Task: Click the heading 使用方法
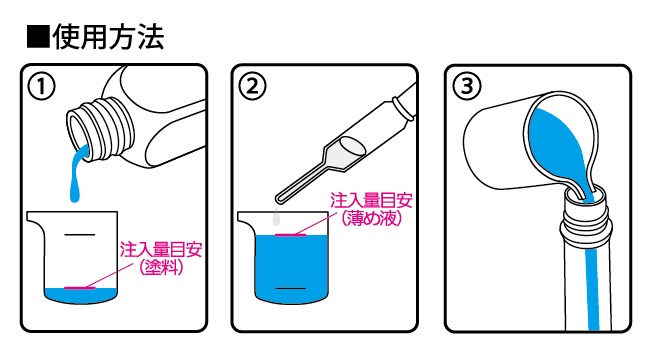pos(108,37)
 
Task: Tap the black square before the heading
pos(38,37)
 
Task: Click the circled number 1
pos(42,86)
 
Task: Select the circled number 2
pos(253,86)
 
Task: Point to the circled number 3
pos(467,86)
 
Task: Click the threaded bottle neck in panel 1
pos(99,128)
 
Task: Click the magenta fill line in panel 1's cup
pos(80,288)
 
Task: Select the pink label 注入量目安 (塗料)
pos(161,258)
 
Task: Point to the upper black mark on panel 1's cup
pos(79,234)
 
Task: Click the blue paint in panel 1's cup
pos(80,296)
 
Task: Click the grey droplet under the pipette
pos(277,217)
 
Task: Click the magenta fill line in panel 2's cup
pos(291,235)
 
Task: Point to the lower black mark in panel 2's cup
pos(291,288)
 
